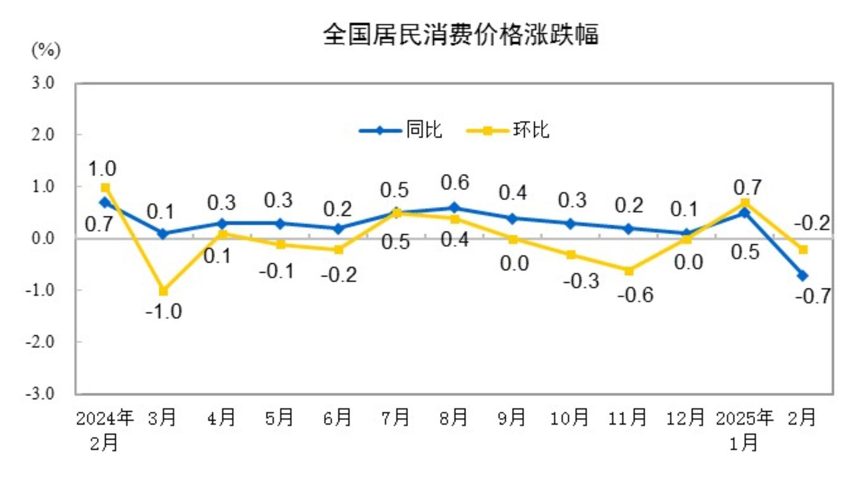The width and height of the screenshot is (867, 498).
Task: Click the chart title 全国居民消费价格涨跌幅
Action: pos(461,35)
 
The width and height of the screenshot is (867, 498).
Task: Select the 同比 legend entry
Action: pos(401,130)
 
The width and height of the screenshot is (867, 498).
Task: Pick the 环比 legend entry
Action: pos(508,130)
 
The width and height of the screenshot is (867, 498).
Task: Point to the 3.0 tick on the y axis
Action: pos(43,83)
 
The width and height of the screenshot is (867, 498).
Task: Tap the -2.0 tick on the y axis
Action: pos(40,342)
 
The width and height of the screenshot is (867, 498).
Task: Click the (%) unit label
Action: pos(46,51)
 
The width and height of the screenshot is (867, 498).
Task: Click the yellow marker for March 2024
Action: pos(163,291)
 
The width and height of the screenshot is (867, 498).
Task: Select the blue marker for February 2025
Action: pos(803,275)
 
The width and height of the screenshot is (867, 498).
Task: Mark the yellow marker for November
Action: pos(629,271)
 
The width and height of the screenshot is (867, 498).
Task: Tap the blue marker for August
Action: pos(455,208)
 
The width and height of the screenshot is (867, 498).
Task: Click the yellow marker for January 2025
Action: pos(745,203)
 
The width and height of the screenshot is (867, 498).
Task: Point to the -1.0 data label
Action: pos(164,312)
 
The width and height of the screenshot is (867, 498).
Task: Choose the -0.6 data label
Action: pos(636,295)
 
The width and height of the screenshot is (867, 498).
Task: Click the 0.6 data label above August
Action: pos(455,183)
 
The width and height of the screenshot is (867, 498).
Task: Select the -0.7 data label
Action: pos(813,296)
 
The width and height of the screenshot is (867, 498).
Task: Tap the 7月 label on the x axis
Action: pos(395,418)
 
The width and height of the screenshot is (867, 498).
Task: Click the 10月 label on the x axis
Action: pos(569,418)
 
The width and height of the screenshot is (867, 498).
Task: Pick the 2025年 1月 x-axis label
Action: pos(744,430)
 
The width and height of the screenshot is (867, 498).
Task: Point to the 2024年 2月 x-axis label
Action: pos(105,430)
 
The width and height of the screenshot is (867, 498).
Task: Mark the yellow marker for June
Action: pos(339,250)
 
